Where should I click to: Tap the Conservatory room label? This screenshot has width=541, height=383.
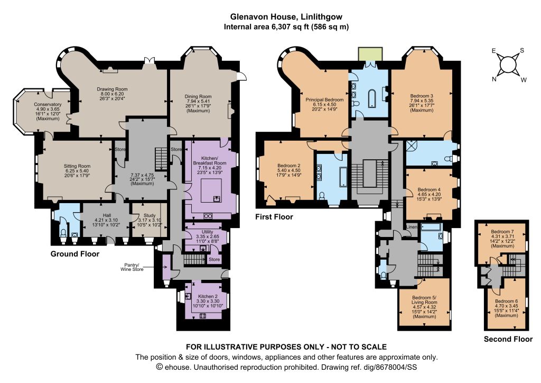pyautogui.click(x=48, y=104)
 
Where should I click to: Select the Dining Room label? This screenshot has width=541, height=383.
pyautogui.click(x=198, y=96)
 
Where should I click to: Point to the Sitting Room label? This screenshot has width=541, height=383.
pyautogui.click(x=77, y=166)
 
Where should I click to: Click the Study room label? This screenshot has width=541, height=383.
pyautogui.click(x=150, y=215)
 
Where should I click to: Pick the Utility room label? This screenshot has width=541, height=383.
pyautogui.click(x=207, y=231)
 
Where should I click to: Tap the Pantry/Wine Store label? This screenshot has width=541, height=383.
pyautogui.click(x=132, y=267)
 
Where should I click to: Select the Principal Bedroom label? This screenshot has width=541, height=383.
pyautogui.click(x=324, y=99)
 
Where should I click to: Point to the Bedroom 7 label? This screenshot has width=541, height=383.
pyautogui.click(x=502, y=231)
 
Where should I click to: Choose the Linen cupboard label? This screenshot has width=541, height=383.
pyautogui.click(x=412, y=227)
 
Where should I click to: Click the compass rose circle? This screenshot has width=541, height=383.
pyautogui.click(x=508, y=65)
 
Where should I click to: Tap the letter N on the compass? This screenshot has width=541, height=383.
pyautogui.click(x=494, y=79)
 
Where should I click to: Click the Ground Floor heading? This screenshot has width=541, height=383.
pyautogui.click(x=75, y=254)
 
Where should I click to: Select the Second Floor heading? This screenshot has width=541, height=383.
pyautogui.click(x=508, y=339)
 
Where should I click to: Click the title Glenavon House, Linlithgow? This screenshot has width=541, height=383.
pyautogui.click(x=286, y=16)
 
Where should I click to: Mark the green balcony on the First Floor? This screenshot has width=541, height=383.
pyautogui.click(x=370, y=54)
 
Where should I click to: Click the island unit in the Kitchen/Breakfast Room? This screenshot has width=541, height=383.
pyautogui.click(x=211, y=190)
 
